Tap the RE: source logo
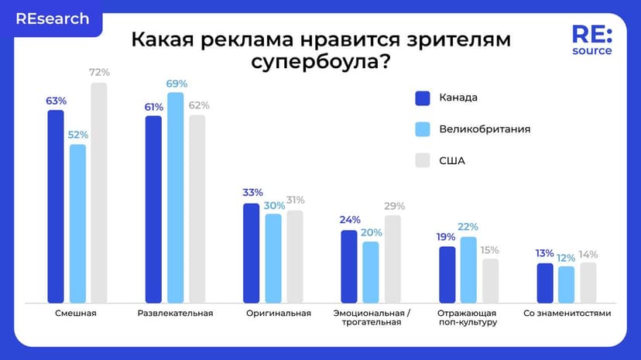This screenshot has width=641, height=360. tap(591, 39)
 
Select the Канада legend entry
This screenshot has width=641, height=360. tap(458, 98)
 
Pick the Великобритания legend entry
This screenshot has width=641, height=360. tap(484, 129)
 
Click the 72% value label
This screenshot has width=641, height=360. tap(99, 73)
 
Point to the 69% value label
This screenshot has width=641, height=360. tap(177, 83)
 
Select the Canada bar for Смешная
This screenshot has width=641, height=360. tap(56, 205)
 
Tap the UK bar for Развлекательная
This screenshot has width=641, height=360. tap(176, 197)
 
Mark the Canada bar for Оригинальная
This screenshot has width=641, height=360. tap(252, 252)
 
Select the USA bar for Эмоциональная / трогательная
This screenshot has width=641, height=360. tap(393, 259)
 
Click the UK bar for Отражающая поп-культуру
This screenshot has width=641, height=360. tap(468, 269)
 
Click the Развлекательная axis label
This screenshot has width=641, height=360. tap(175, 314)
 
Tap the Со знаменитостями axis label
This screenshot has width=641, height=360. tap(567, 314)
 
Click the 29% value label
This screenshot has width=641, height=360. tap(394, 206)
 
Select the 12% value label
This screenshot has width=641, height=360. tap(566, 257)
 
